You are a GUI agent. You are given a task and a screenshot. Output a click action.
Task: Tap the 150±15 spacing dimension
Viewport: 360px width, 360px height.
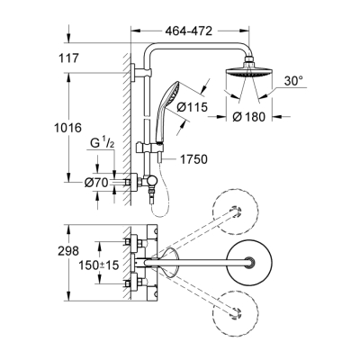(96, 268)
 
